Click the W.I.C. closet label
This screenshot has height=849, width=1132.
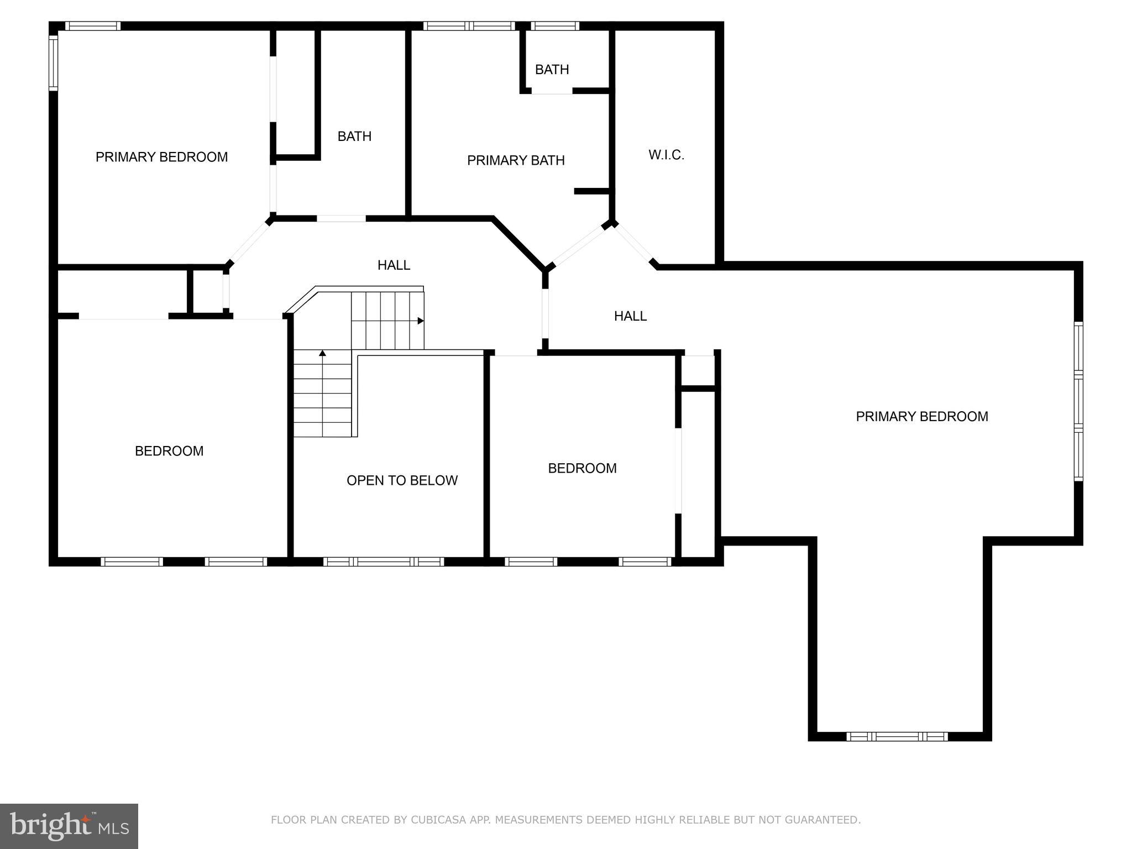pyautogui.click(x=666, y=155)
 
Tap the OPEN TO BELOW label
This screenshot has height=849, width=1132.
pyautogui.click(x=402, y=480)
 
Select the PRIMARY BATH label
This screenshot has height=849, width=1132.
pyautogui.click(x=516, y=160)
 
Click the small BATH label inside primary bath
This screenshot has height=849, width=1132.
pyautogui.click(x=552, y=70)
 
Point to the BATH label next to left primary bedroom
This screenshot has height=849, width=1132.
pyautogui.click(x=354, y=137)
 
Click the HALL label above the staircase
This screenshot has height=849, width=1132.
pyautogui.click(x=394, y=265)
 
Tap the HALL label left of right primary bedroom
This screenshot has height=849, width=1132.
pyautogui.click(x=630, y=316)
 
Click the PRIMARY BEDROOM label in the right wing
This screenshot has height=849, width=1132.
pyautogui.click(x=921, y=417)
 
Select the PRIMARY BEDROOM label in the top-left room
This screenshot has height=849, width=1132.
pyautogui.click(x=161, y=157)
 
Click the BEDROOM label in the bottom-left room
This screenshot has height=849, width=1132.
pyautogui.click(x=169, y=451)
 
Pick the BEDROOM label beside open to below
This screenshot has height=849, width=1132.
pyautogui.click(x=582, y=468)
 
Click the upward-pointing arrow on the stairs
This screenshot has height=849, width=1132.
pyautogui.click(x=322, y=353)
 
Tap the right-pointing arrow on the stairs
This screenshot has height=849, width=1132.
pyautogui.click(x=420, y=321)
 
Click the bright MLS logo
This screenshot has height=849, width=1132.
pyautogui.click(x=69, y=826)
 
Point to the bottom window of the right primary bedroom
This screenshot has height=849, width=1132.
pyautogui.click(x=897, y=736)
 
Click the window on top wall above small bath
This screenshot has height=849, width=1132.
pyautogui.click(x=555, y=25)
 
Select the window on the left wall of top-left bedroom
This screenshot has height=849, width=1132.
pyautogui.click(x=54, y=62)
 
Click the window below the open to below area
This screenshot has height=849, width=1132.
pyautogui.click(x=384, y=562)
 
